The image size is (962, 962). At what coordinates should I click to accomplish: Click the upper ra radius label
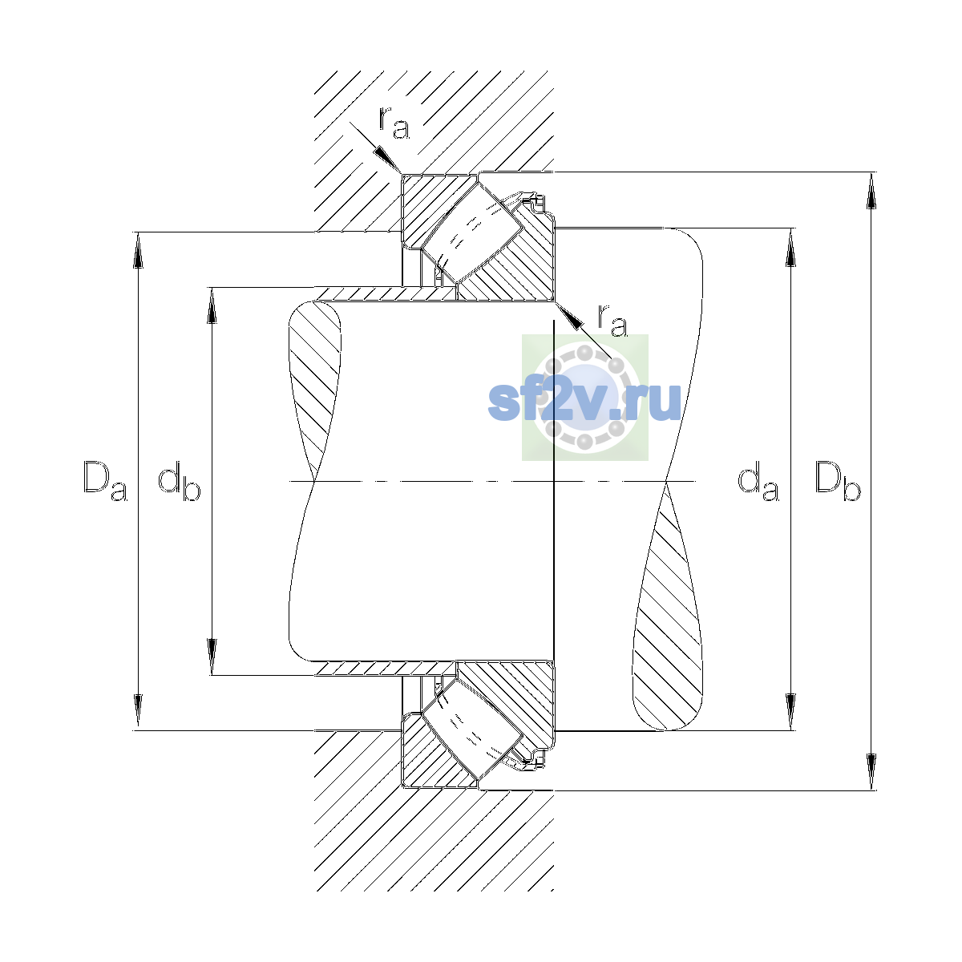(394, 123)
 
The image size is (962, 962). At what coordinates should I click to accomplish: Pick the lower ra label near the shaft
(612, 320)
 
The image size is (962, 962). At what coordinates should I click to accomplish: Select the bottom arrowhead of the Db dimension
(871, 772)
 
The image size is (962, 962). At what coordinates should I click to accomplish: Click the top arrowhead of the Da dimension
(138, 250)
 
